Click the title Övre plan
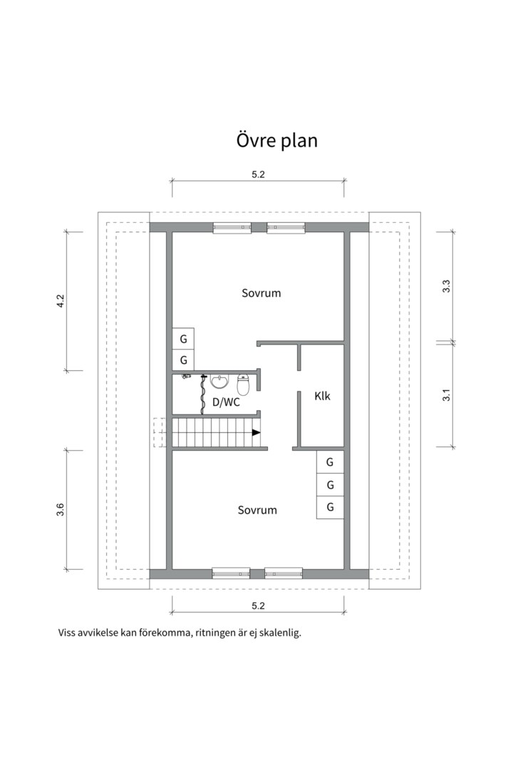[276, 140]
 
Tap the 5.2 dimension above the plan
[258, 174]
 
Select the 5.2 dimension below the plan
[258, 606]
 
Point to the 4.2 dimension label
[61, 300]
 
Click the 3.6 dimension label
[61, 509]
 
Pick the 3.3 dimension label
[447, 286]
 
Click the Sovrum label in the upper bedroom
[261, 293]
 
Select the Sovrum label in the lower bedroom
[257, 510]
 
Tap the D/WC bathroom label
[226, 402]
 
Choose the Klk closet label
[322, 396]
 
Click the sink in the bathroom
[219, 382]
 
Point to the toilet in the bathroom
[243, 384]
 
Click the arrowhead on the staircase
[255, 432]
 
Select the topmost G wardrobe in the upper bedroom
[183, 338]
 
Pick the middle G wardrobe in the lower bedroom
[330, 485]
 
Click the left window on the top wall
[232, 228]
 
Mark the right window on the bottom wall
[284, 572]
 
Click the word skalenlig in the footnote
[279, 632]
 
